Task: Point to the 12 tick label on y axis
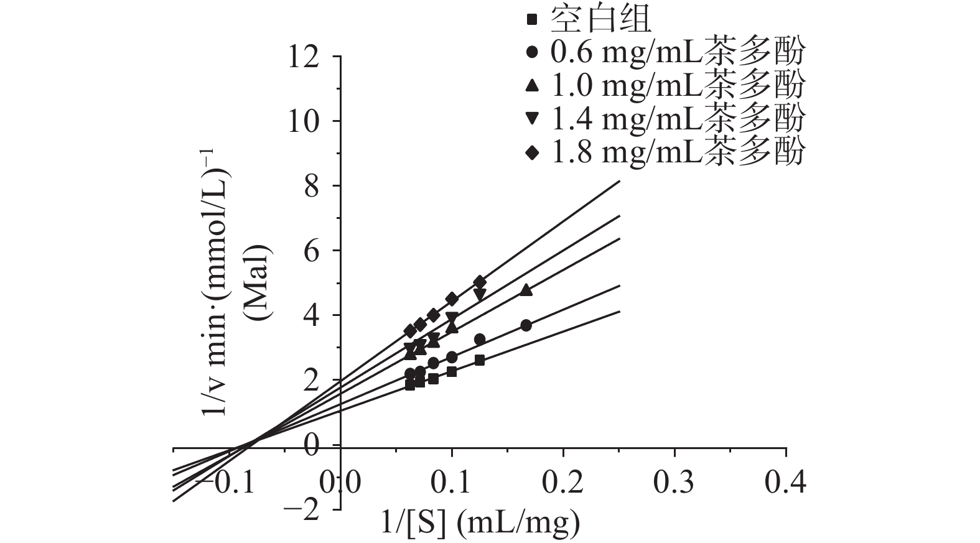coord(302,57)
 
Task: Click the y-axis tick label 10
coord(302,122)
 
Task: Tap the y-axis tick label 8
coord(311,187)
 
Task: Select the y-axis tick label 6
coord(311,251)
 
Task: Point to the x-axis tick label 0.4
coord(786,482)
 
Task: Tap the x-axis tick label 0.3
coord(674,482)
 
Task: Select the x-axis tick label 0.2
coord(563,482)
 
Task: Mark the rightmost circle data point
coord(526,325)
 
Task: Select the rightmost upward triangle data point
coord(526,290)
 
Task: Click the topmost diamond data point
coord(479,282)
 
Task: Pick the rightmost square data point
coord(479,360)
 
